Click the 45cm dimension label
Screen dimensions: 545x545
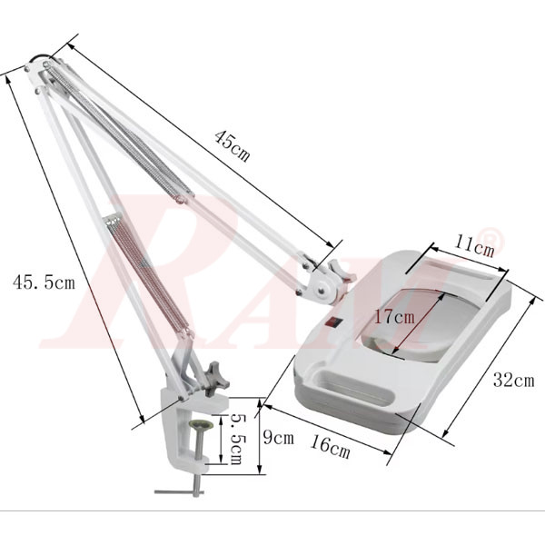232,144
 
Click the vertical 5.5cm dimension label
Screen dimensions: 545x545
237,440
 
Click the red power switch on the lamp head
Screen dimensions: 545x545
333,320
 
